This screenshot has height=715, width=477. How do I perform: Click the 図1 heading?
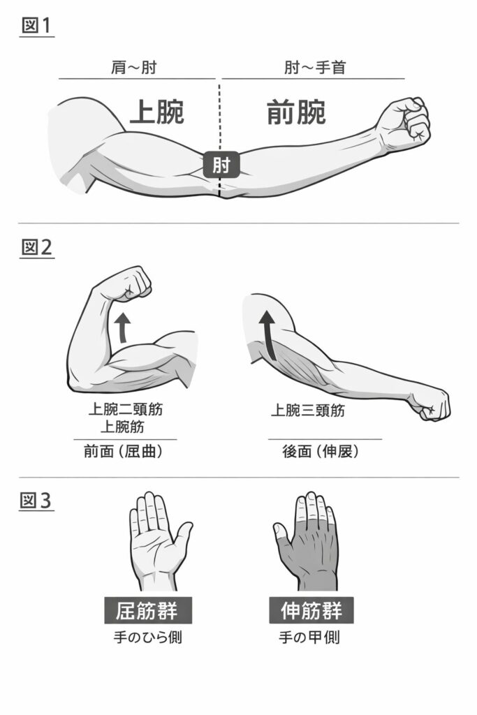(36, 26)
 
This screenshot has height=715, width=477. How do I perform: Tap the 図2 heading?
(36, 247)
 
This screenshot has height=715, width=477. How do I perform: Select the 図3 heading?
(36, 500)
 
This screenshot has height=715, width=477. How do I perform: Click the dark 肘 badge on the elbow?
(221, 165)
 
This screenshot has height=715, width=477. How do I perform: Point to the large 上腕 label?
(157, 112)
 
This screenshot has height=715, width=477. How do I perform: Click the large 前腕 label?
(296, 112)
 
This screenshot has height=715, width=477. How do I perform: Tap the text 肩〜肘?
(133, 68)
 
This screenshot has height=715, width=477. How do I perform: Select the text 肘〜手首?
(315, 68)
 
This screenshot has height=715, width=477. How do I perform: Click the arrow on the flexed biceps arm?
(122, 327)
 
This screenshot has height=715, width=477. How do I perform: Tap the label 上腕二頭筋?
(126, 409)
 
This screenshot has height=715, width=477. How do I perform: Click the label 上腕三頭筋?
(308, 411)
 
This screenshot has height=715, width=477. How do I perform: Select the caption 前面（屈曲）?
(124, 452)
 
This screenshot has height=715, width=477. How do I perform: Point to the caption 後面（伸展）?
(321, 452)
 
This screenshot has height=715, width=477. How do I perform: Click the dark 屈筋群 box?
(148, 610)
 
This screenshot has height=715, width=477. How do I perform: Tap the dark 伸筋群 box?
(311, 610)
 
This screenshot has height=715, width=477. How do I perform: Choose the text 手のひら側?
(148, 637)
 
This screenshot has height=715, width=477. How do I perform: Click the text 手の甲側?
(309, 637)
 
